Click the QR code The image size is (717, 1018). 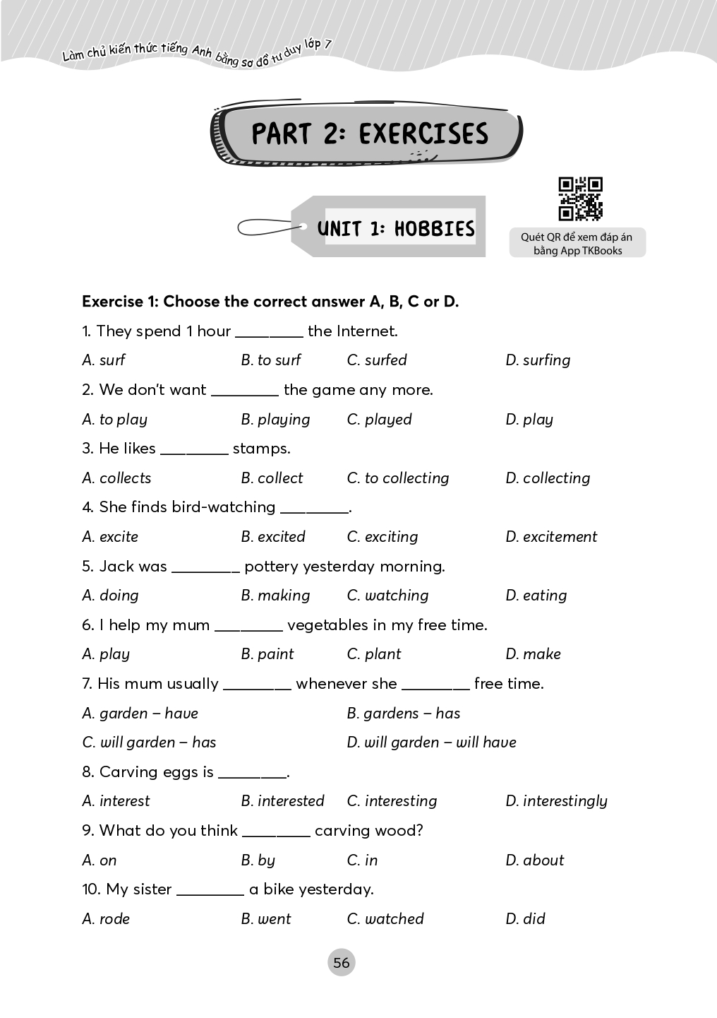[580, 199]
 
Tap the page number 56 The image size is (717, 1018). [342, 962]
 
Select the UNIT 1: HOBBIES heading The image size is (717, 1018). [396, 228]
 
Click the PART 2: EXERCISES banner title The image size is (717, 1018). [369, 134]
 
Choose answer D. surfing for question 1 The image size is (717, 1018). [538, 360]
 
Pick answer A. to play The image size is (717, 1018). [115, 420]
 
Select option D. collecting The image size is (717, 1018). [548, 478]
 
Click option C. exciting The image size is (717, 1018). [382, 537]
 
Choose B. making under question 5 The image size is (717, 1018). [275, 596]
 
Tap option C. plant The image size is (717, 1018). [374, 654]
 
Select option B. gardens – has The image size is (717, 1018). [404, 714]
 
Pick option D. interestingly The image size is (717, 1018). [556, 801]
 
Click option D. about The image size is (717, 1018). [535, 860]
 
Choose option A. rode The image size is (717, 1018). [106, 919]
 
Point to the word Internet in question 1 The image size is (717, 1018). [366, 331]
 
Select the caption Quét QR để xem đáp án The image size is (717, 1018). [577, 237]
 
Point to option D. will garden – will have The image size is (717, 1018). [432, 742]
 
